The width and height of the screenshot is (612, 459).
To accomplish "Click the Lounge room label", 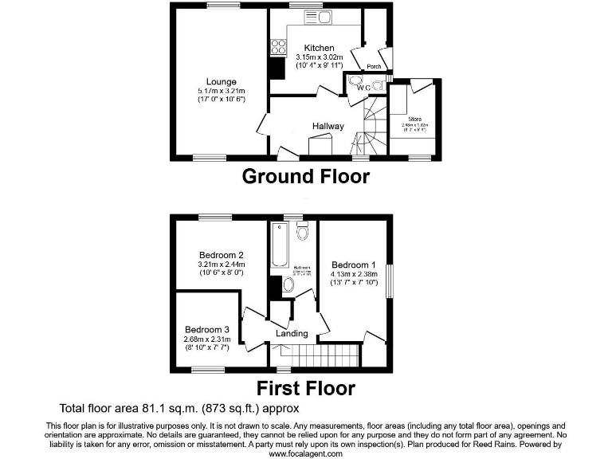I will coord(221,81).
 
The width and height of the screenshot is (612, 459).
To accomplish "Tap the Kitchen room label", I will coord(319,48).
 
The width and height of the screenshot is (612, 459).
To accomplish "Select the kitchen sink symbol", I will coord(322,18).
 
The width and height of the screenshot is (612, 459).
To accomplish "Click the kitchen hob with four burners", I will coord(279,47).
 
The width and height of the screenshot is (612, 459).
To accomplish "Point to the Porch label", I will coord(374,66).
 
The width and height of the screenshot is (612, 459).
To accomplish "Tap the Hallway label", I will coord(328,126).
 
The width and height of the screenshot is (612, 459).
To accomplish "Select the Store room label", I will coord(412,119).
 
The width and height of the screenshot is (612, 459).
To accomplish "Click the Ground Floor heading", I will coord(305,176).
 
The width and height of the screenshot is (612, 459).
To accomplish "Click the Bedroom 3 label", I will coord(207,329).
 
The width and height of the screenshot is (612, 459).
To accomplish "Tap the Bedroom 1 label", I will coord(354,265).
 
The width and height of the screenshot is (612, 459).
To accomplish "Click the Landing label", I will coord(292,333).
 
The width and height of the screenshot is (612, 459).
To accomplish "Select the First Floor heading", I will coord(305,388).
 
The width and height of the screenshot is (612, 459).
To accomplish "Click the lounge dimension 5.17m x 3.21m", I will coord(222,91).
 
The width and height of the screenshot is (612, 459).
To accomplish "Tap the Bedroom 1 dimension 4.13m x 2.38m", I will coord(354,275).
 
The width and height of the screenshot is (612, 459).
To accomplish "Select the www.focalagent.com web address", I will coord(306,453).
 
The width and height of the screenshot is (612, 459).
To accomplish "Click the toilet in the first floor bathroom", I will coord(302,233).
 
